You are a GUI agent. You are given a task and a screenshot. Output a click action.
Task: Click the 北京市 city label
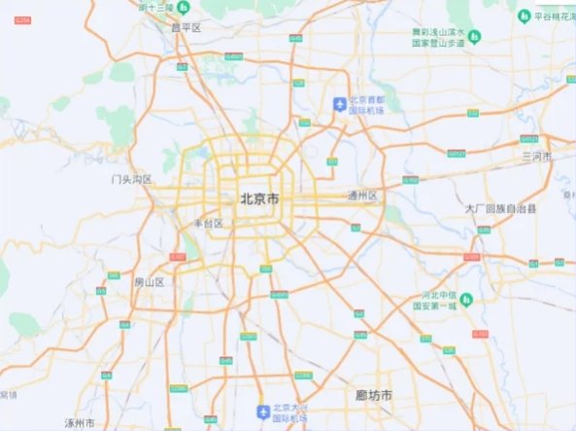coord(259,199)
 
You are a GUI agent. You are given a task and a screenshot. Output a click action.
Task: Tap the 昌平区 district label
coord(185,29)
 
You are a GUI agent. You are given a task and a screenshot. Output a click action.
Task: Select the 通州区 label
coord(361,196)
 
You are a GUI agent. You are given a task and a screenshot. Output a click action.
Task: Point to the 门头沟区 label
coord(133,179)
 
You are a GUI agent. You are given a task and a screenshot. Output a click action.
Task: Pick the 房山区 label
coord(150,282)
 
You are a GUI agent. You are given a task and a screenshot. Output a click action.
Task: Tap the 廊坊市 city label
coord(374,395)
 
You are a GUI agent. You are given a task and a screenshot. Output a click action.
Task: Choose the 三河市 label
coord(536,156)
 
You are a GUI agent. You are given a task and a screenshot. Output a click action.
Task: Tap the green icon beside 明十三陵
coord(181,8)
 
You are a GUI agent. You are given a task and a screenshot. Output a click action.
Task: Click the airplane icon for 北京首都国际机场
coord(339,104)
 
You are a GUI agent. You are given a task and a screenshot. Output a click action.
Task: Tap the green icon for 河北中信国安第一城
coord(465,298)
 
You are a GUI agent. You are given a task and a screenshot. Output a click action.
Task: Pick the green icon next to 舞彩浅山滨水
coord(474,37)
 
